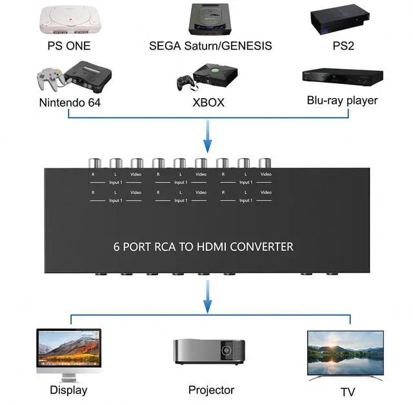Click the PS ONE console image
click(x=68, y=21)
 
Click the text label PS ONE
click(x=68, y=46)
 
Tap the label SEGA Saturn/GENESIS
click(x=210, y=46)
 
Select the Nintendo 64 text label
click(x=70, y=102)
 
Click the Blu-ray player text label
click(x=342, y=101)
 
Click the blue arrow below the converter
click(x=207, y=298)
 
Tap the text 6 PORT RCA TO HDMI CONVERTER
click(x=203, y=246)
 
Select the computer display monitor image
click(x=68, y=353)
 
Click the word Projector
click(x=211, y=390)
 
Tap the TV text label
click(x=348, y=392)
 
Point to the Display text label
click(x=68, y=390)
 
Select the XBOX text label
click(x=208, y=102)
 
